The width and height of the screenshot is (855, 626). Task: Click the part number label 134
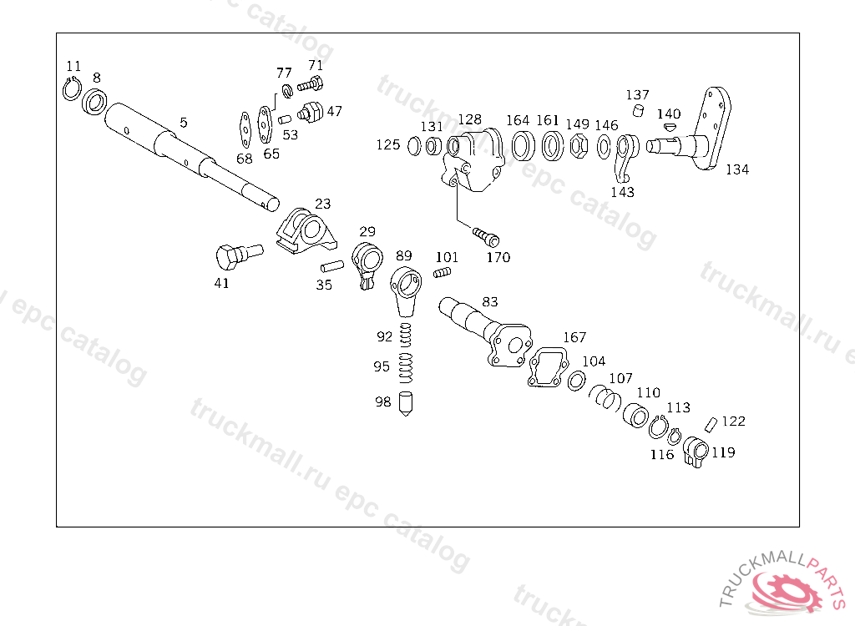tap(736, 169)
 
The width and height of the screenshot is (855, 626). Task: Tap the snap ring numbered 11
tap(72, 88)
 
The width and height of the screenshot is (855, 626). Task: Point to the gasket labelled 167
tap(548, 368)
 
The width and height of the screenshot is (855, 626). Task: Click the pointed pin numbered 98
tap(406, 403)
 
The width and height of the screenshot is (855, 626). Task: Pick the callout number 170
tap(498, 257)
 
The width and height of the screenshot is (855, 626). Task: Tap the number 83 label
tap(489, 301)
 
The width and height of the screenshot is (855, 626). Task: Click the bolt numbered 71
tap(311, 83)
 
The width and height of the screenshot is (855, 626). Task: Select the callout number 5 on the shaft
tap(183, 122)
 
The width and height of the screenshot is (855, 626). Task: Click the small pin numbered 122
tap(711, 422)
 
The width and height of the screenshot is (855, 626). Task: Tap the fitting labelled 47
tap(312, 111)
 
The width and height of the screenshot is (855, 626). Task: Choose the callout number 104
tap(594, 361)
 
